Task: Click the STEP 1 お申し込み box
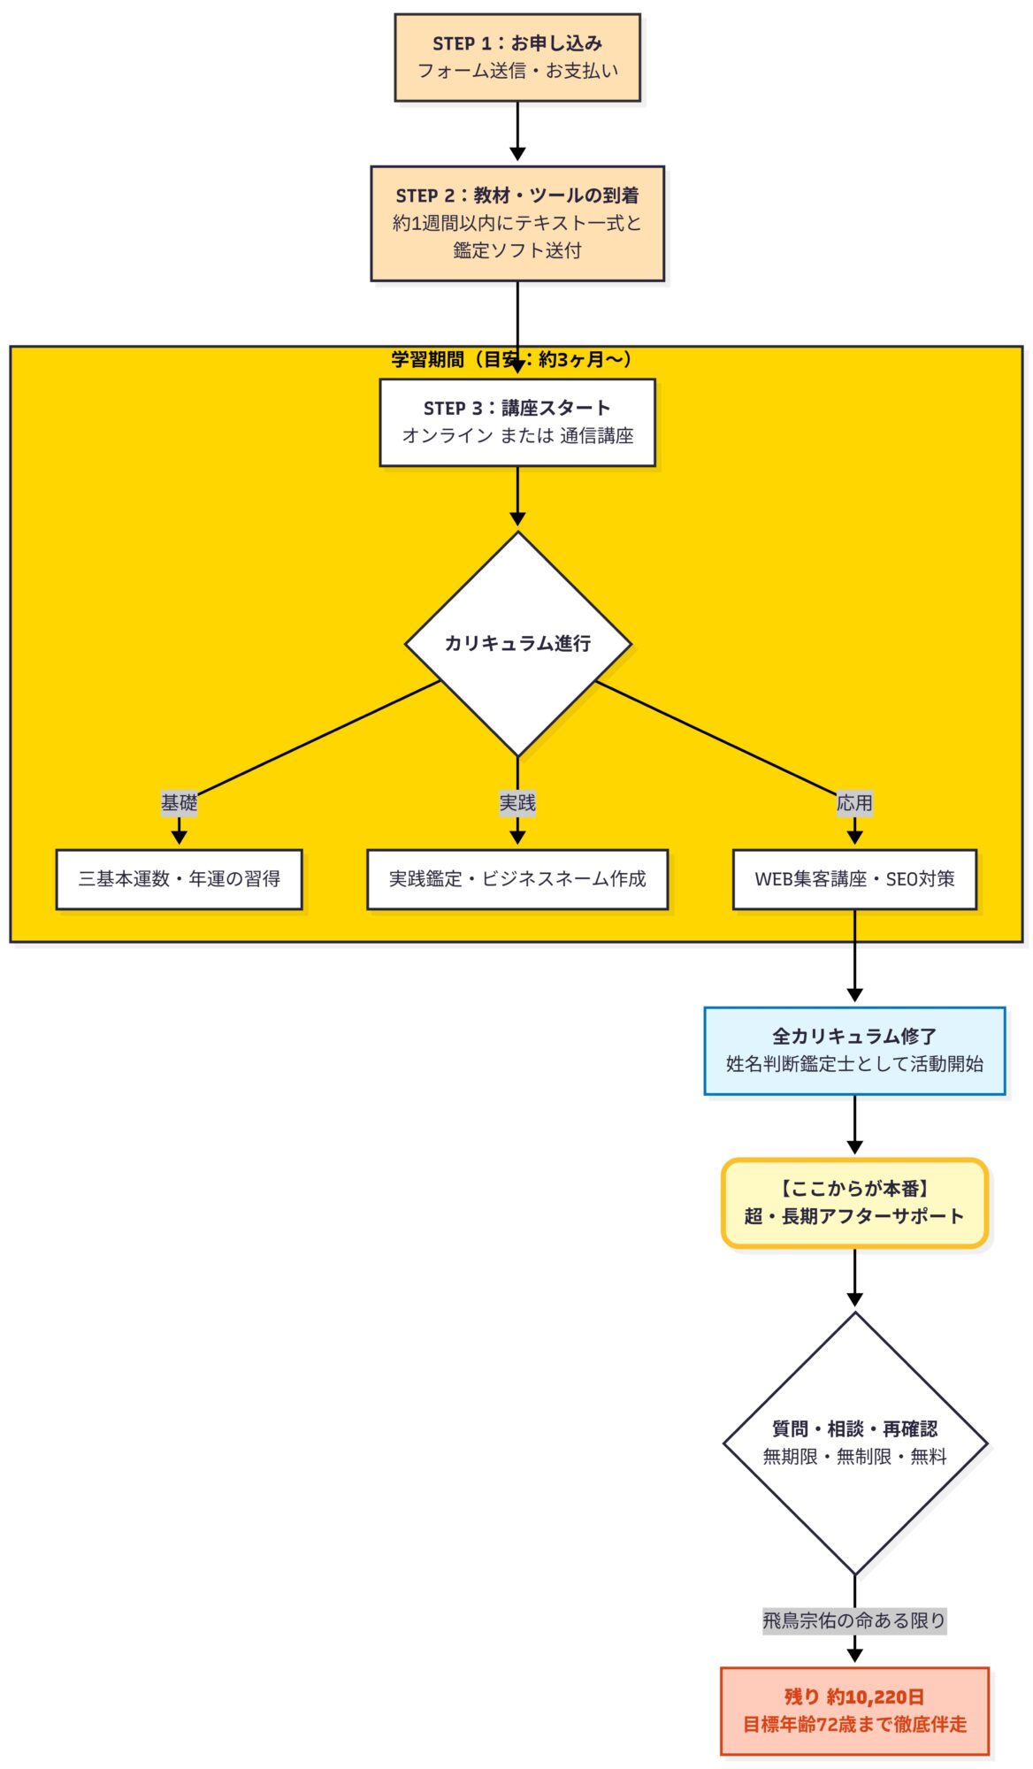point(517,57)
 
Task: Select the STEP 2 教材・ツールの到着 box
point(517,223)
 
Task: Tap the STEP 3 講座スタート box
point(517,422)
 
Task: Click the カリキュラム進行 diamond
point(517,643)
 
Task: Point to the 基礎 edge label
point(179,802)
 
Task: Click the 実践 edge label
point(517,802)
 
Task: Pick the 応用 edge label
point(854,802)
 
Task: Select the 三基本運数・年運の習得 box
point(179,878)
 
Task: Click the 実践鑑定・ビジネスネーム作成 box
point(517,878)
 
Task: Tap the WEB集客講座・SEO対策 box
point(854,878)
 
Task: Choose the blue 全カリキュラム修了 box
point(854,1050)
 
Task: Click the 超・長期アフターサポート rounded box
point(854,1202)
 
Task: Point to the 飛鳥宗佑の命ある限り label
point(854,1620)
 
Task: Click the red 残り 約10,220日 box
point(854,1710)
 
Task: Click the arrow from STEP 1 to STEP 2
point(517,131)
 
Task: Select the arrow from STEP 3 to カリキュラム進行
point(517,495)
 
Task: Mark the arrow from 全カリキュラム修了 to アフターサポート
point(854,1123)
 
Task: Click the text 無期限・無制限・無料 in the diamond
point(854,1457)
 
